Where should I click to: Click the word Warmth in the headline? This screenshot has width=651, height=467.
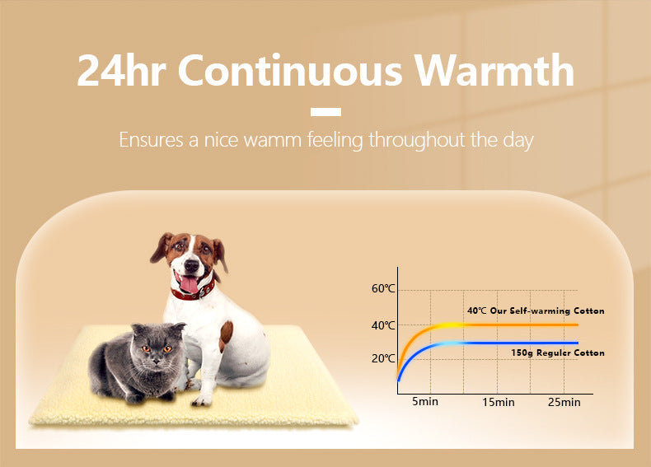[494, 71]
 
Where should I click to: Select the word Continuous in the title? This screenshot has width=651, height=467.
[292, 71]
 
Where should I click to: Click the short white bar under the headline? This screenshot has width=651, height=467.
[325, 112]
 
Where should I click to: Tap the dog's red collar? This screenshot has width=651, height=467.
[194, 292]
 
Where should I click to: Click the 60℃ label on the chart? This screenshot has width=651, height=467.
[383, 289]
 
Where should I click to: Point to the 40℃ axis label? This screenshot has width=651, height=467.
[383, 325]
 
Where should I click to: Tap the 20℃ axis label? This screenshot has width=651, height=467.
[383, 358]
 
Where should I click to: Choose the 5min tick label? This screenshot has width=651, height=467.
[425, 402]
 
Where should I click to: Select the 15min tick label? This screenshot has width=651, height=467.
[499, 402]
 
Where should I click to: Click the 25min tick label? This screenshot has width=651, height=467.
[564, 402]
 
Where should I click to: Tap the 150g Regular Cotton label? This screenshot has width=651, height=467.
[557, 353]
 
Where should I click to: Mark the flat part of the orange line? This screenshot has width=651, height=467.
[527, 325]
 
